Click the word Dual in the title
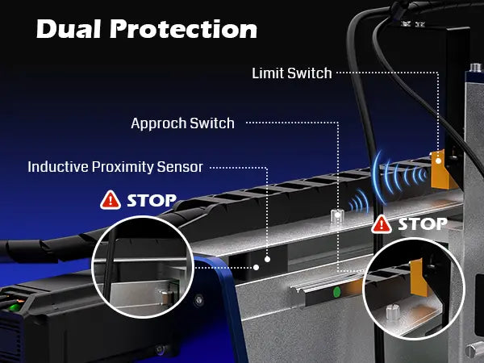(x=67, y=29)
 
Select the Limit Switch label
(x=292, y=73)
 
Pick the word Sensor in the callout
(x=182, y=167)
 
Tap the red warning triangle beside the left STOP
(x=108, y=199)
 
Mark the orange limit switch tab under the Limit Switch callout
(x=439, y=168)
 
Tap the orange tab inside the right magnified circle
(x=417, y=278)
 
